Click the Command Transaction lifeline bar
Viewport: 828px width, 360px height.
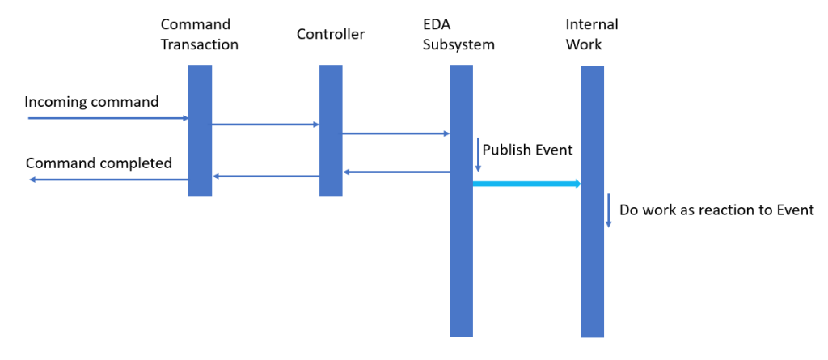tap(200, 130)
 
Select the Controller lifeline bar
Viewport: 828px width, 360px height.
tap(331, 130)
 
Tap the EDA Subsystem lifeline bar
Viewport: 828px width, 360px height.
tap(461, 243)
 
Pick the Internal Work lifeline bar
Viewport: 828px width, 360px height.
tap(593, 267)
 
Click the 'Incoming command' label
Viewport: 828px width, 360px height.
tap(91, 102)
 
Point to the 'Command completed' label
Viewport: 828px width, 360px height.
tap(99, 163)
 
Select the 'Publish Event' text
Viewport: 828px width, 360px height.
tap(527, 150)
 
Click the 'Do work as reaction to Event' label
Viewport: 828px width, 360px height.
tap(716, 210)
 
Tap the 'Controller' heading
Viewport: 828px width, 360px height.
tap(331, 34)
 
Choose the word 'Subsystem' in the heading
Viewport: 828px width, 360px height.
tap(458, 44)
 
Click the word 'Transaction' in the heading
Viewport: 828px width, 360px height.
tap(200, 44)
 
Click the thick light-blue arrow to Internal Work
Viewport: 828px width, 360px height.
tap(526, 184)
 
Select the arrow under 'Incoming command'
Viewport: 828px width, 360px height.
tap(108, 118)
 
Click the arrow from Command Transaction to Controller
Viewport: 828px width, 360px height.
tap(265, 125)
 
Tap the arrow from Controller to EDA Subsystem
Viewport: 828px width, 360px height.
tap(395, 133)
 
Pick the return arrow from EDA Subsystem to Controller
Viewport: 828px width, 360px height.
tap(395, 172)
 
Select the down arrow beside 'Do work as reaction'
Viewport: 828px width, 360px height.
tap(608, 210)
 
